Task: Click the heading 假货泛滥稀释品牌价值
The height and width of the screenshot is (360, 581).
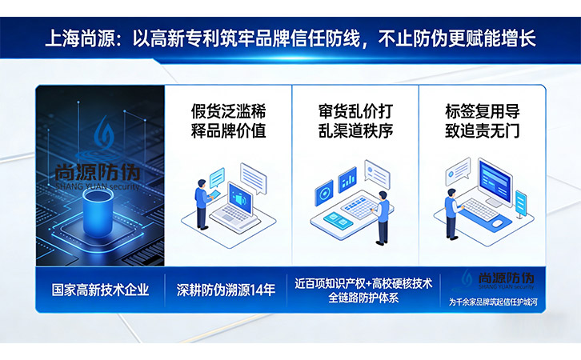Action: tap(228, 121)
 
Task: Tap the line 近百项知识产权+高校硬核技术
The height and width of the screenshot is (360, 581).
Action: tap(363, 283)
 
